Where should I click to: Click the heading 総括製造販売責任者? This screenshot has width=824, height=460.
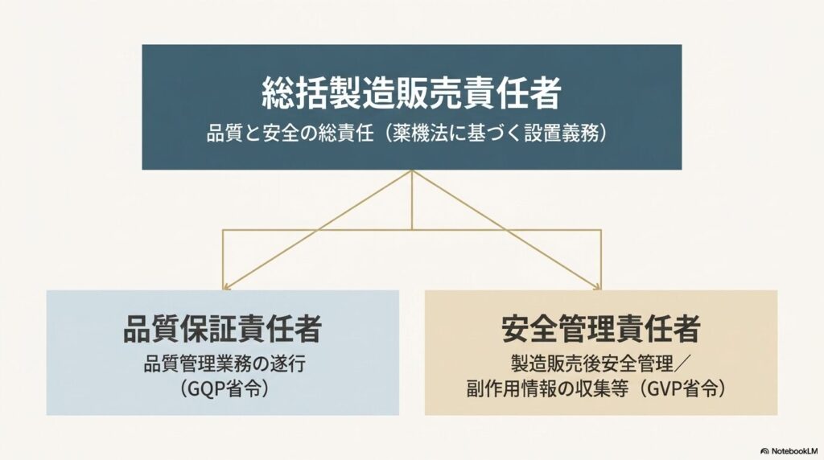(x=411, y=93)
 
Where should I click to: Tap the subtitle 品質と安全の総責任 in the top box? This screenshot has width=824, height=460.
(x=290, y=133)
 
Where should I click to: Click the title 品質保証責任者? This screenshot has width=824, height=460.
(x=222, y=329)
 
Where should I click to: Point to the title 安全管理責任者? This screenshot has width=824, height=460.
(x=600, y=329)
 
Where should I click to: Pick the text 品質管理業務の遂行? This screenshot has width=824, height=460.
(x=225, y=363)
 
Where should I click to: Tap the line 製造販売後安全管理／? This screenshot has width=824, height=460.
(x=600, y=363)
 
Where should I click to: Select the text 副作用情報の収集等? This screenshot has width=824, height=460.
(x=547, y=388)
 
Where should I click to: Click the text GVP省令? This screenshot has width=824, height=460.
(x=682, y=388)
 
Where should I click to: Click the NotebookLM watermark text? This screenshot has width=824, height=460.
(x=794, y=451)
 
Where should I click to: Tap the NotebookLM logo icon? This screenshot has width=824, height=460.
(x=764, y=451)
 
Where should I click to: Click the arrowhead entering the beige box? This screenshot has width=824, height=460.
(x=598, y=287)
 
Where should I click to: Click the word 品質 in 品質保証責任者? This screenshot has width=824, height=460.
(x=150, y=329)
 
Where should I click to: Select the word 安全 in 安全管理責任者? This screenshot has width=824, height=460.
(x=529, y=329)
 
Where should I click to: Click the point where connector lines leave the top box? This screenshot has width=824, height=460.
(x=411, y=170)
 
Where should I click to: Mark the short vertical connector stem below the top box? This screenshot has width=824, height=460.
(x=411, y=200)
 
